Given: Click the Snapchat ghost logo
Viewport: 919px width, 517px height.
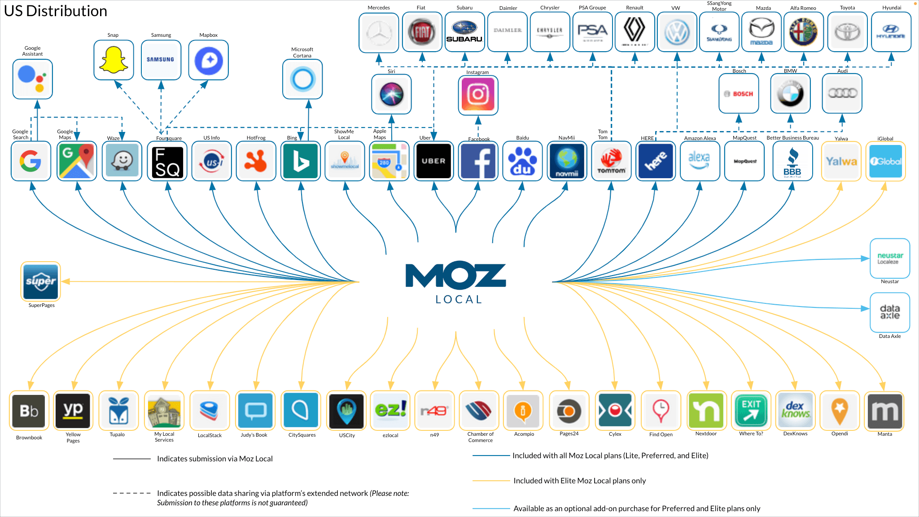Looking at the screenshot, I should tap(114, 60).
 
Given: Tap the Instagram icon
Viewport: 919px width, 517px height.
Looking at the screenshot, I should tap(478, 94).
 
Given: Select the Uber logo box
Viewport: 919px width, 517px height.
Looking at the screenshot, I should tap(433, 161).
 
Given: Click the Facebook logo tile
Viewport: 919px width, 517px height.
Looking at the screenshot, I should tap(478, 161).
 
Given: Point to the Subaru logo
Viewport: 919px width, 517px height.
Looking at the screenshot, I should tap(464, 32).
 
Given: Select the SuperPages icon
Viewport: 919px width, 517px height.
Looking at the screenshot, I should tap(41, 281).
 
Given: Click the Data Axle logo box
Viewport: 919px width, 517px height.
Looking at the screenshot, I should tap(890, 312).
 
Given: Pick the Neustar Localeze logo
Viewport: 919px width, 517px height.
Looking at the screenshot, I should tap(890, 258).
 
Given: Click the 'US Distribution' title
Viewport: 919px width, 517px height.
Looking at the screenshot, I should tap(56, 11).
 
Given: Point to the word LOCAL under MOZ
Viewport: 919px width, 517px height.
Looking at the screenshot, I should tap(459, 300).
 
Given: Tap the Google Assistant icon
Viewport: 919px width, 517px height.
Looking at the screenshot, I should tap(33, 79).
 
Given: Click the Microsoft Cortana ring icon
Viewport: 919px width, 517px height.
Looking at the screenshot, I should tap(302, 79).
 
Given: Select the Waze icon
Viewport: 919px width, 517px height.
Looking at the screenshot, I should tap(122, 161).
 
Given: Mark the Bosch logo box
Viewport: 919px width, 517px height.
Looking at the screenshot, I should tap(739, 94).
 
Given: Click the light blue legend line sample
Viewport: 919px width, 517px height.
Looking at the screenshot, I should tap(491, 508).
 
